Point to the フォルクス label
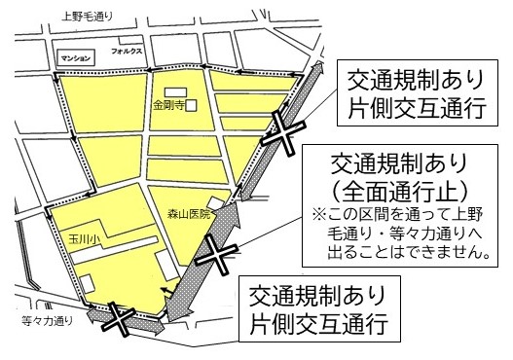127,49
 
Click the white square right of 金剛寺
191,104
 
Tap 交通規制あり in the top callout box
410,76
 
